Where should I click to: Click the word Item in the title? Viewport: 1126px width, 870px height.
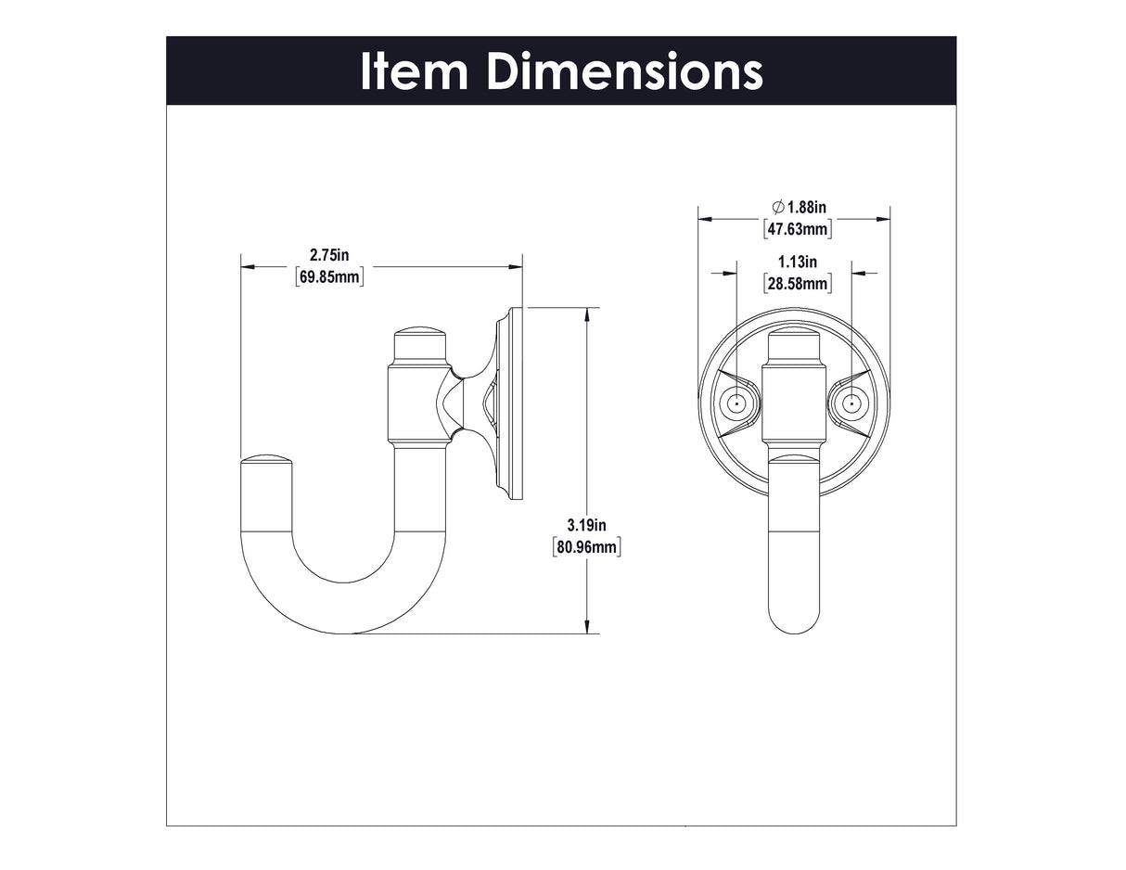click(x=414, y=71)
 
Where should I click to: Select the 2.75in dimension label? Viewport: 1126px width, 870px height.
click(x=329, y=254)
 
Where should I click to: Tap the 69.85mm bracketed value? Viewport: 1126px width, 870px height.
click(x=329, y=276)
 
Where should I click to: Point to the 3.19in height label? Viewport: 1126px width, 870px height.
click(x=587, y=525)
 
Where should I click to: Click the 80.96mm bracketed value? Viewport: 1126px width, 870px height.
click(x=586, y=547)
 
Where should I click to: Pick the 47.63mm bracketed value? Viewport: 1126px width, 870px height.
click(x=798, y=228)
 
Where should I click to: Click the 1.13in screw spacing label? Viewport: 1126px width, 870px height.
click(x=798, y=262)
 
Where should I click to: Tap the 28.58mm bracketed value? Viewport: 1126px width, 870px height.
click(x=798, y=284)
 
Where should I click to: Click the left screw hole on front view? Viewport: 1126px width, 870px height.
click(x=736, y=403)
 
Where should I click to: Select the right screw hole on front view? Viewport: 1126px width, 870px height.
click(x=851, y=403)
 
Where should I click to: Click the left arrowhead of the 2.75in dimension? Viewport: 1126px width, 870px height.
click(x=248, y=267)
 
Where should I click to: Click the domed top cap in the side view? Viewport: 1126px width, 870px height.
click(x=421, y=337)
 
